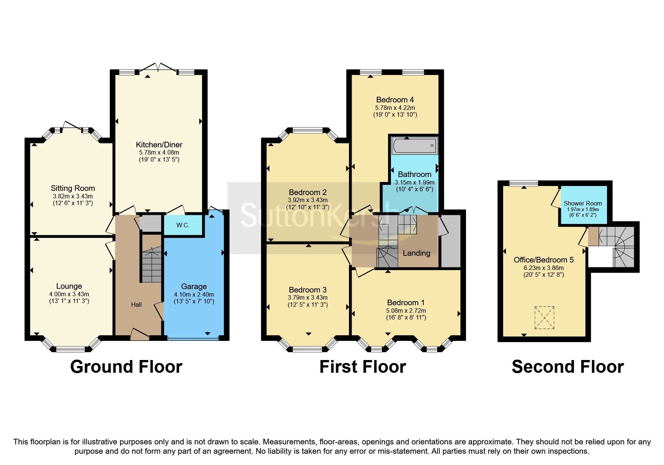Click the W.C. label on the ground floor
(x=183, y=225)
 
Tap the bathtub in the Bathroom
(x=414, y=145)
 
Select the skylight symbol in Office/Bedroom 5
(x=544, y=317)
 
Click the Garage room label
(x=194, y=286)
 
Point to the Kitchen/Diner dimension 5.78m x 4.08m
(x=159, y=153)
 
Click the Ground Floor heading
(x=126, y=367)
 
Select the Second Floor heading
(x=567, y=367)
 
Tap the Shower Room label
(x=582, y=203)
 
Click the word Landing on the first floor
(x=416, y=253)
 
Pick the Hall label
(x=136, y=304)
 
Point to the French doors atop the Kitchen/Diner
(x=157, y=67)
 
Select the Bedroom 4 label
(x=395, y=100)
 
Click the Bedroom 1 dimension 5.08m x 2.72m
(x=406, y=310)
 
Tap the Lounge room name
(x=69, y=286)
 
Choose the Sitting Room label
(x=73, y=188)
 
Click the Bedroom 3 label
(x=307, y=290)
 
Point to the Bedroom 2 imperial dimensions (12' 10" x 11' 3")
(x=307, y=207)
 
